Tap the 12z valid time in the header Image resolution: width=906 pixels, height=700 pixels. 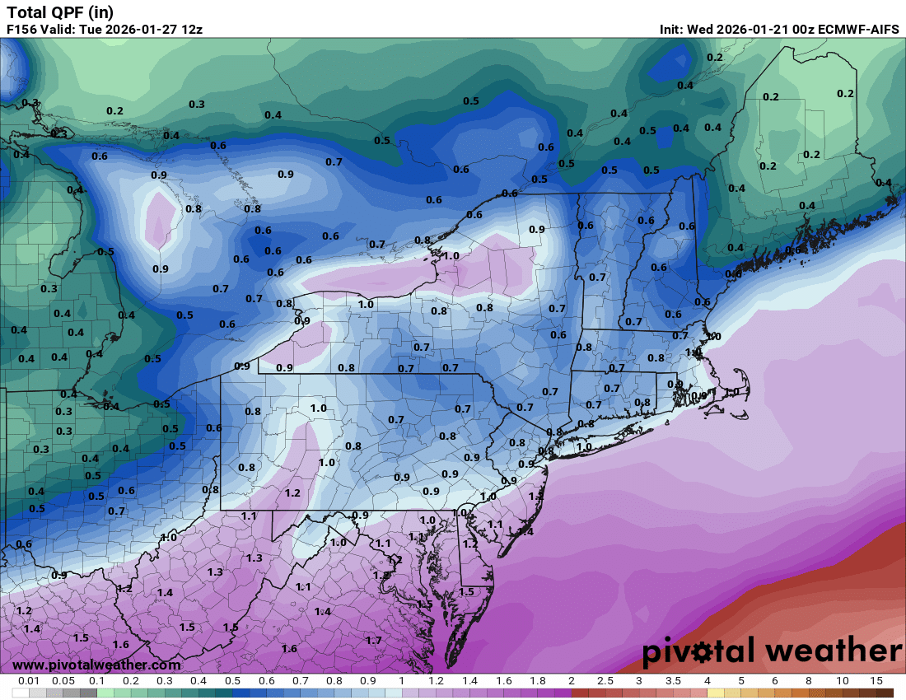coord(190,29)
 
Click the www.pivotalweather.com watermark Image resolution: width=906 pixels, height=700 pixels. coord(96,665)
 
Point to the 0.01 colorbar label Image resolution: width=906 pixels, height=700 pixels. coord(29,681)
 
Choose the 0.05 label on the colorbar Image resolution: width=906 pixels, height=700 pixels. coord(63,681)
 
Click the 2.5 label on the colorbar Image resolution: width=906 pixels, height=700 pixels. coord(605,681)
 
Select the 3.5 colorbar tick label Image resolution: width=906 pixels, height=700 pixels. coord(672,681)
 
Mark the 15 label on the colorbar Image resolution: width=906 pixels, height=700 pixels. coord(876,681)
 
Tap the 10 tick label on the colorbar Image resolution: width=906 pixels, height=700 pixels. coord(842,681)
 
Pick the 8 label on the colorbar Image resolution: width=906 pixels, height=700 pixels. coord(808,681)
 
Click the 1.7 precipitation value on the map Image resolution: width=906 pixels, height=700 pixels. coord(373,640)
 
